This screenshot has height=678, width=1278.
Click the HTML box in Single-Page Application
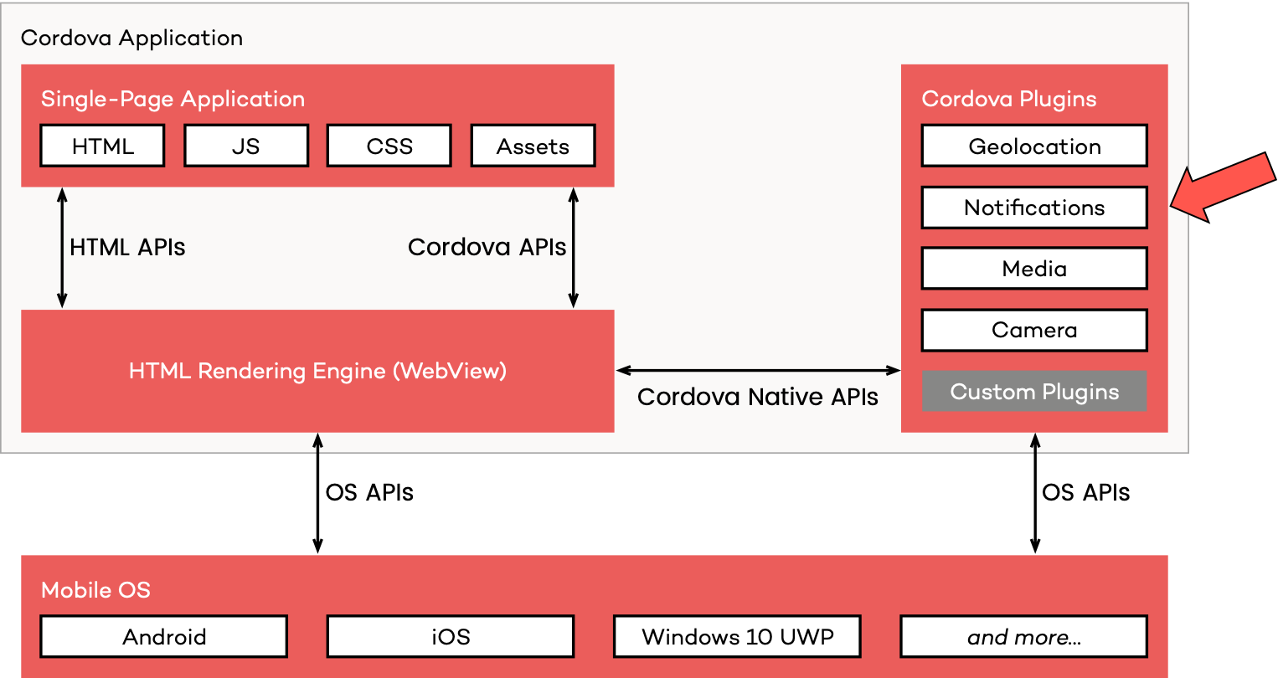102,146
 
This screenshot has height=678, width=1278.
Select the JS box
246,146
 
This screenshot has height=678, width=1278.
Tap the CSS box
389,146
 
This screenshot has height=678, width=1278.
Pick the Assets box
533,146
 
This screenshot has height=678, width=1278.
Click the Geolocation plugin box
1034,146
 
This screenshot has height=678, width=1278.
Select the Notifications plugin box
1034,208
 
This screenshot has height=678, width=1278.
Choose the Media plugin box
1034,269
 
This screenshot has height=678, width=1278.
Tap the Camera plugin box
1034,330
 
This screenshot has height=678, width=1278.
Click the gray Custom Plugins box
1034,392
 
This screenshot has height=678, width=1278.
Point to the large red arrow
1223,188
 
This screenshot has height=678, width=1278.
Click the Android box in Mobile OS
164,637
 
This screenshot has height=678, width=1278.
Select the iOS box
451,637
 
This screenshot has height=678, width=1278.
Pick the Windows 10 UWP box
737,637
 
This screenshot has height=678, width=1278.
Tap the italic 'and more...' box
1023,637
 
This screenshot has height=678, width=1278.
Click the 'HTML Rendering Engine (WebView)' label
317,371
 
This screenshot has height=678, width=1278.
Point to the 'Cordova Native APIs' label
757,397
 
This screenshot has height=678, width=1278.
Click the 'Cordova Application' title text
131,38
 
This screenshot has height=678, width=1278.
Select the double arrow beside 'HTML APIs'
62,248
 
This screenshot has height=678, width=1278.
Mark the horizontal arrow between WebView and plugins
758,370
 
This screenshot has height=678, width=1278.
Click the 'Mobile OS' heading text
95,590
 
